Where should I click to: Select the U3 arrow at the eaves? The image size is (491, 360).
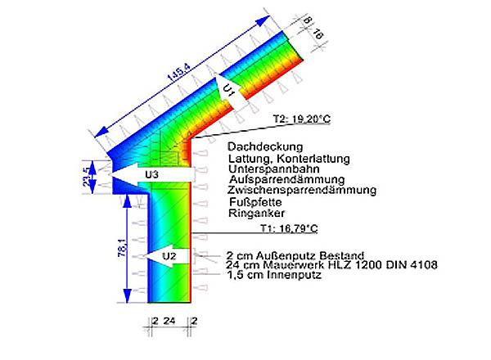coord(151,175)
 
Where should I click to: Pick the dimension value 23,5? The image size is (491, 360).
coord(92,173)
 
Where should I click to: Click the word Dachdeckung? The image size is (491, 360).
coord(259,146)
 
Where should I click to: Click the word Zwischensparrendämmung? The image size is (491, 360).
coord(302,190)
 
